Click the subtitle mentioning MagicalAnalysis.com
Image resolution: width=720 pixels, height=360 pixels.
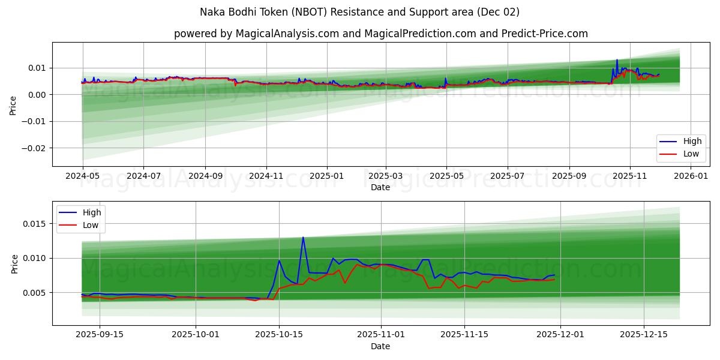(x=380, y=34)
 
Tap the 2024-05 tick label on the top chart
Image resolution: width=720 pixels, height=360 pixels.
(x=82, y=176)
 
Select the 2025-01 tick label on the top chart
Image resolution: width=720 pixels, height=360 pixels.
(x=327, y=176)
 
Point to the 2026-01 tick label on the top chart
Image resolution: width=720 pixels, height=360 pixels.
(x=692, y=176)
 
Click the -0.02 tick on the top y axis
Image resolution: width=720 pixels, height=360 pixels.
(x=36, y=148)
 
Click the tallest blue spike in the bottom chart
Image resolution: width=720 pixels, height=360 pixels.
(x=303, y=237)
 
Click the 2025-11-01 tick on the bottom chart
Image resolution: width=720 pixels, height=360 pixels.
(x=382, y=334)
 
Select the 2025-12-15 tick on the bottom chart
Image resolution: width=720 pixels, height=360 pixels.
(x=644, y=334)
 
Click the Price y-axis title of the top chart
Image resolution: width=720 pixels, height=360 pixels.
(x=13, y=104)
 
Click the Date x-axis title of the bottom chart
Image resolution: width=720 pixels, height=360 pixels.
(x=380, y=346)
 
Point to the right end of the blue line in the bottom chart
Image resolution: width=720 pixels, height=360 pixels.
(x=554, y=275)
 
